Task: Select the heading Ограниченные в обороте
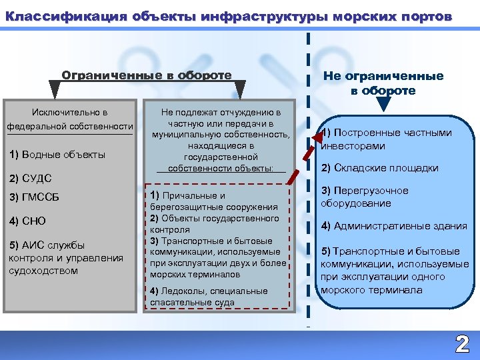[147, 75]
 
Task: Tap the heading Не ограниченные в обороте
[383, 83]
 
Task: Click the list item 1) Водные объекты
[57, 155]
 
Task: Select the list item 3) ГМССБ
[34, 197]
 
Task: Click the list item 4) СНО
[27, 221]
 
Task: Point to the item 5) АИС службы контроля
[65, 257]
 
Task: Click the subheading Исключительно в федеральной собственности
[70, 119]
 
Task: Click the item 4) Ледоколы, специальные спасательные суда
[209, 296]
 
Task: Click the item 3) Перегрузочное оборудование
[365, 197]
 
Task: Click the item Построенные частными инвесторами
[387, 139]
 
